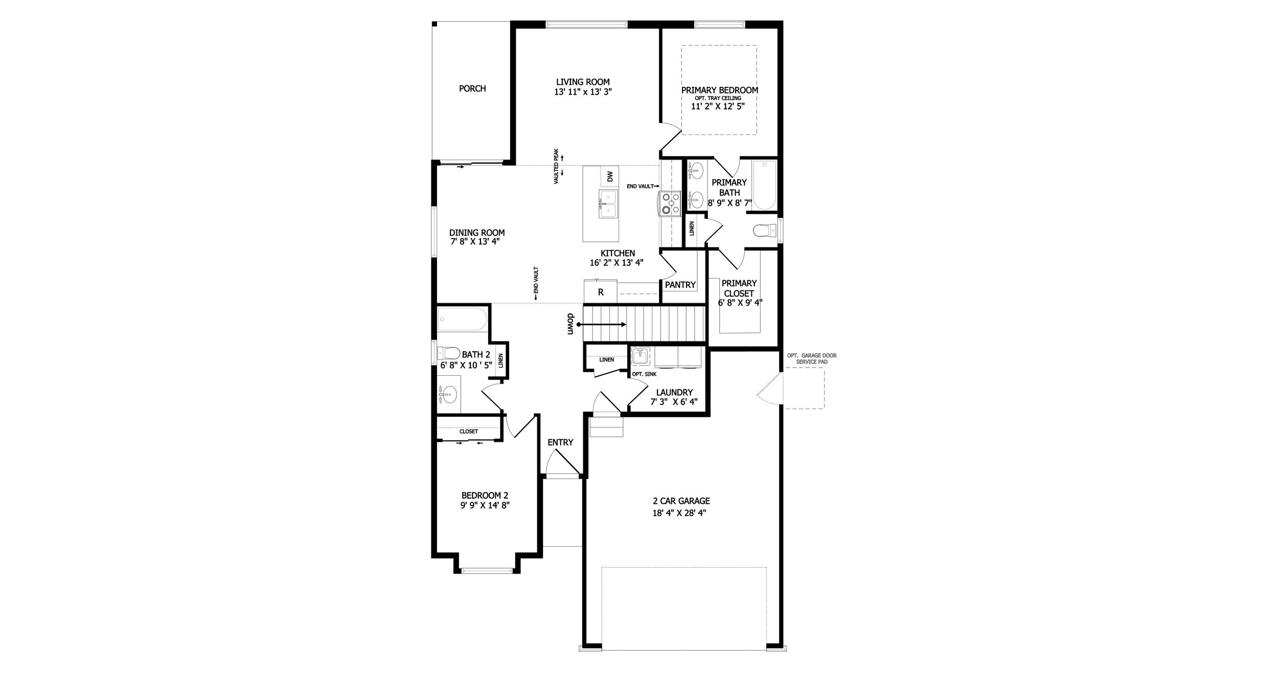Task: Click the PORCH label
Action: [x=472, y=88]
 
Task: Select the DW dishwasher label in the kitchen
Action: [x=610, y=177]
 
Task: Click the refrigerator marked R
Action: [x=601, y=292]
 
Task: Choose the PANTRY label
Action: [x=680, y=285]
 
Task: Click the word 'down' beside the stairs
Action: [x=571, y=324]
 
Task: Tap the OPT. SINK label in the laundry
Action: [x=644, y=374]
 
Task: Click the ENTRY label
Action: [x=560, y=442]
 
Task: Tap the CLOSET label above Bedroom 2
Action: [x=468, y=432]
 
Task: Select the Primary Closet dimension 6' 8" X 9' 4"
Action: [x=740, y=302]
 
